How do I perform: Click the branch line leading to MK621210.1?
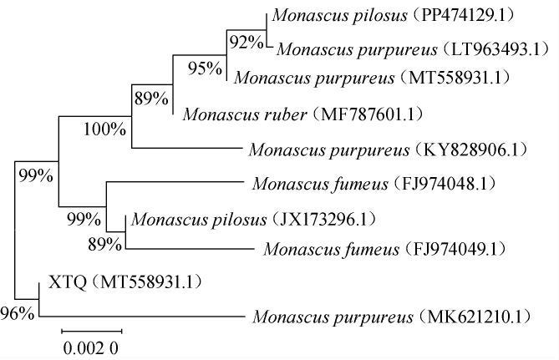(142, 317)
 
